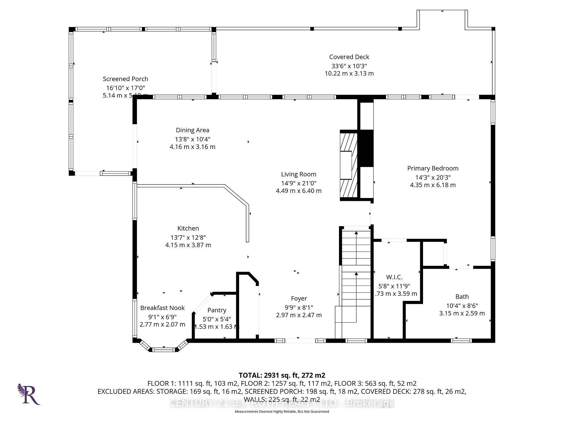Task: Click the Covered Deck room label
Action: pyautogui.click(x=349, y=57)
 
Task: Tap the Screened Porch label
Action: pyautogui.click(x=125, y=79)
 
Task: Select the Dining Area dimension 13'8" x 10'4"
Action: pyautogui.click(x=193, y=139)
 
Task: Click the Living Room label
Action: pyautogui.click(x=298, y=174)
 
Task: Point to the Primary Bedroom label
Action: pyautogui.click(x=433, y=168)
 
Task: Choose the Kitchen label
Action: pyautogui.click(x=188, y=229)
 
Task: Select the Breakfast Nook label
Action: pyautogui.click(x=162, y=308)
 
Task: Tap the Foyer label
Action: pyautogui.click(x=299, y=299)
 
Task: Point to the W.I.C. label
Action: pyautogui.click(x=394, y=277)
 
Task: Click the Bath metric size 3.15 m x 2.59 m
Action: pyautogui.click(x=462, y=313)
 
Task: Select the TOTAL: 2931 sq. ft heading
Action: pyautogui.click(x=282, y=375)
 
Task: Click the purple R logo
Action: pyautogui.click(x=29, y=395)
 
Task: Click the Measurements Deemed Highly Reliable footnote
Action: pyautogui.click(x=282, y=412)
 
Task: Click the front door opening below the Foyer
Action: pyautogui.click(x=300, y=341)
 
